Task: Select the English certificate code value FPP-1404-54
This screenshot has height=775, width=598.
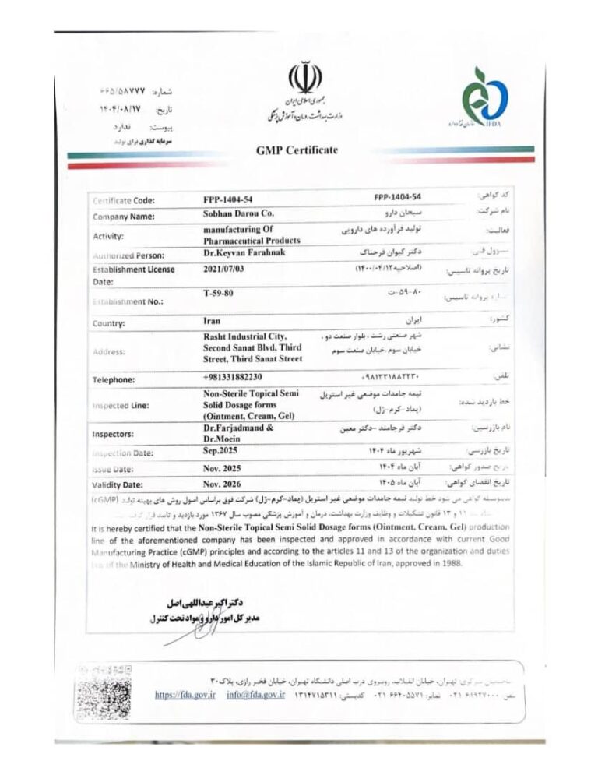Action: tap(231, 199)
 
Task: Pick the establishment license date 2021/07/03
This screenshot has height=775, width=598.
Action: tap(227, 269)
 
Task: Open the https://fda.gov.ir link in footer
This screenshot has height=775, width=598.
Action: tap(185, 694)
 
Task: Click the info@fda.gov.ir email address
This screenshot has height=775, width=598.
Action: tap(257, 694)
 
